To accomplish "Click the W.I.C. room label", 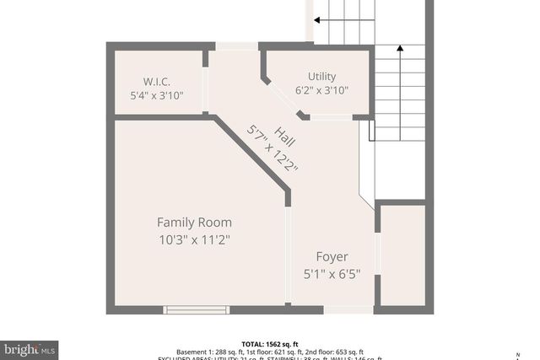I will click(158, 81).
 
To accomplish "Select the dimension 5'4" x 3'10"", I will click(158, 95).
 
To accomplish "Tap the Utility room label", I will click(321, 76).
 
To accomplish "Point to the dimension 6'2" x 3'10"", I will click(321, 90).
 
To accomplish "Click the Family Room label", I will click(194, 223).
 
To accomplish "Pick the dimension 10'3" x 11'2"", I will click(194, 239).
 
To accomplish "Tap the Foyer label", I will click(332, 256).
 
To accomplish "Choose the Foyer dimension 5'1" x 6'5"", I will click(332, 273).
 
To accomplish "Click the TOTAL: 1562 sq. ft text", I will click(270, 343).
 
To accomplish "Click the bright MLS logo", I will click(30, 347).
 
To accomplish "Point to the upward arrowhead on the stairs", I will click(399, 49).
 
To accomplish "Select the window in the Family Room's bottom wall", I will click(196, 309).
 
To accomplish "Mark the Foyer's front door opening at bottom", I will click(348, 309).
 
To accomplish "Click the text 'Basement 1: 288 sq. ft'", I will click(211, 352).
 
